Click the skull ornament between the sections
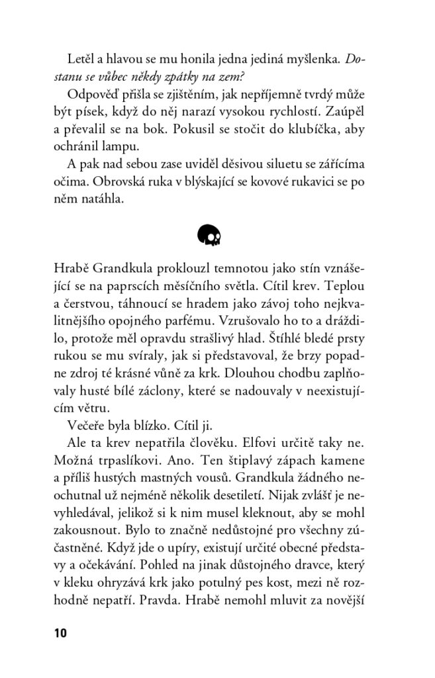click(209, 234)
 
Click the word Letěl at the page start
click(81, 59)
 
